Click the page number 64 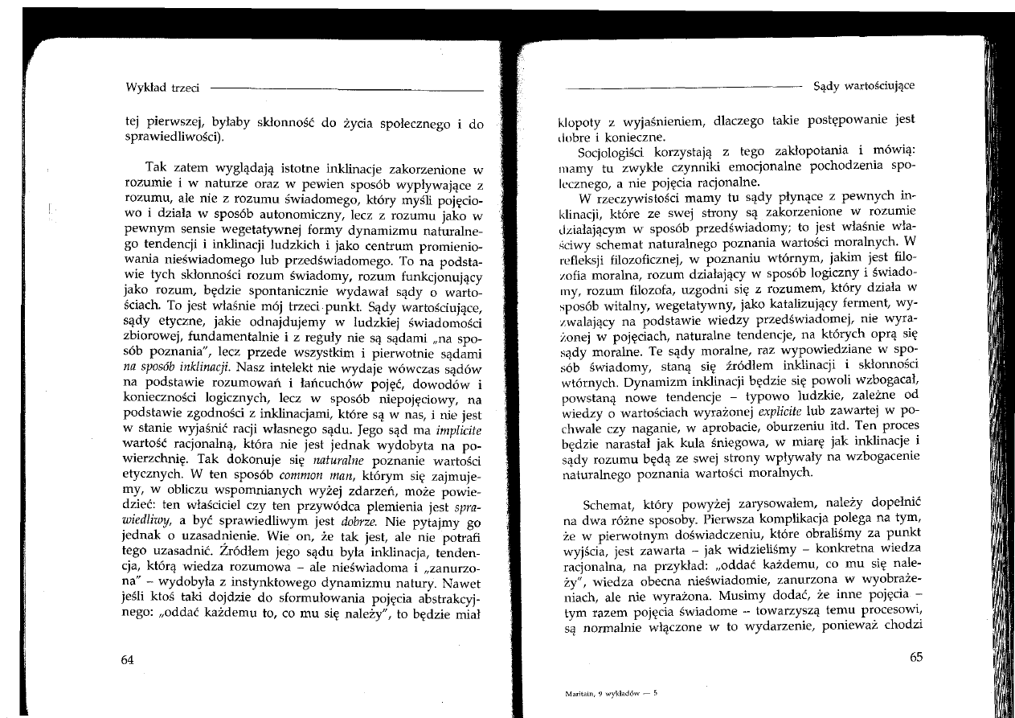(126, 659)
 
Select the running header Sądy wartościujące (864, 85)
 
